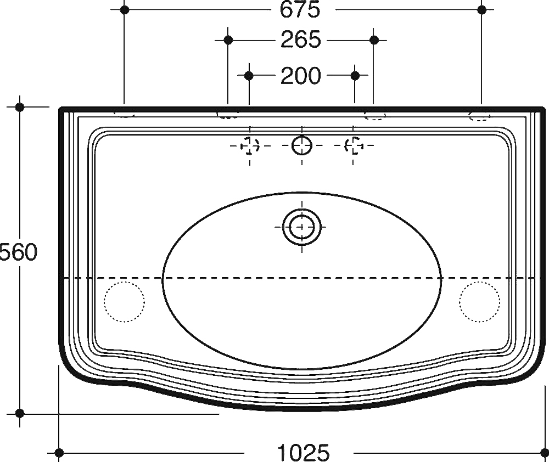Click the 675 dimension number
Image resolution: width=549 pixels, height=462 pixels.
point(300,9)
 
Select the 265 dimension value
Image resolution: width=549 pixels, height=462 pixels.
point(301,40)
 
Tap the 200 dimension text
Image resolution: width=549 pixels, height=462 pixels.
point(301,76)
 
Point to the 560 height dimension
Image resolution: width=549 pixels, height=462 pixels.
point(18,252)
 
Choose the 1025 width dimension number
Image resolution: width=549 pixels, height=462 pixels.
point(303,452)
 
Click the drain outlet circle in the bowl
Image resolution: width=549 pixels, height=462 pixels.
point(301,227)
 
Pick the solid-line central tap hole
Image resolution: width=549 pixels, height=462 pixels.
point(302,145)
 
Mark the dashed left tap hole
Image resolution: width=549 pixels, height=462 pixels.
point(250,145)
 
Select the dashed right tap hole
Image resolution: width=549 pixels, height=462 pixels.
point(354,145)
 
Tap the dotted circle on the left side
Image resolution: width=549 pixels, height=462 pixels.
point(124,301)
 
